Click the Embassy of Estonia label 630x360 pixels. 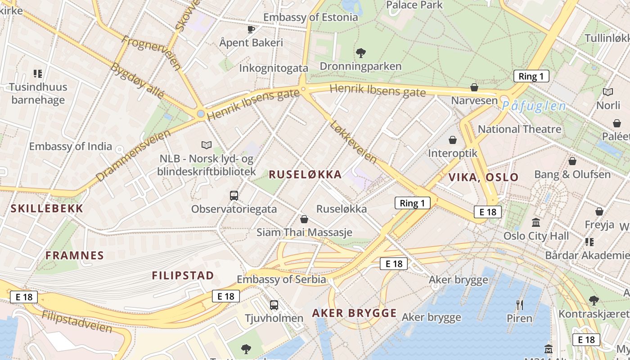(x=310, y=18)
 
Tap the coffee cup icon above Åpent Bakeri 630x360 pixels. (x=251, y=30)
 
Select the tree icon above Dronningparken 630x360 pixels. (x=360, y=53)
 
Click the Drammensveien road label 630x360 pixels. (x=134, y=156)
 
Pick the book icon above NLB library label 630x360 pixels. (x=207, y=145)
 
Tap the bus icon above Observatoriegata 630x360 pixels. (x=234, y=196)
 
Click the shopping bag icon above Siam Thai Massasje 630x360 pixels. (x=304, y=219)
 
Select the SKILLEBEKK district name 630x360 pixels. (x=47, y=208)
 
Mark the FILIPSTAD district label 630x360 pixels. (x=183, y=275)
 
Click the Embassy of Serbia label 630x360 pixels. (x=281, y=279)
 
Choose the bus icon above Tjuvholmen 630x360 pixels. (x=274, y=305)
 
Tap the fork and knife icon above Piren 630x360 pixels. (x=519, y=305)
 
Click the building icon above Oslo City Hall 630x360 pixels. (x=536, y=223)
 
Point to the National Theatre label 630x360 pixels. (x=519, y=129)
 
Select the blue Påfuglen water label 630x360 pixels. (x=534, y=106)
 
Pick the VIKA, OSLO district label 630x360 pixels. (x=484, y=177)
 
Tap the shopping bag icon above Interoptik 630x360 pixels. (x=453, y=140)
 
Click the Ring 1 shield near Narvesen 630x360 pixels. (x=531, y=76)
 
